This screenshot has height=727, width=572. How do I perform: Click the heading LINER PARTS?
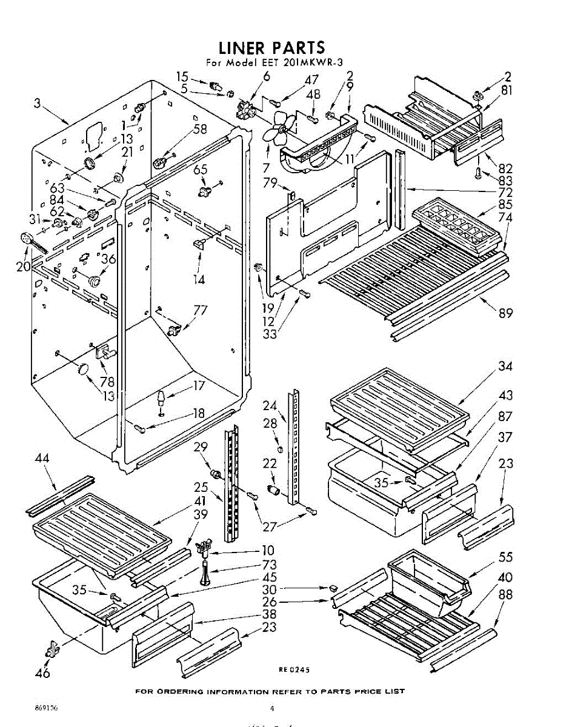pyautogui.click(x=271, y=47)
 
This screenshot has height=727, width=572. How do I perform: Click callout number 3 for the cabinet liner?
pyautogui.click(x=37, y=104)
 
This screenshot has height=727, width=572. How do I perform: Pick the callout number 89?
pyautogui.click(x=505, y=313)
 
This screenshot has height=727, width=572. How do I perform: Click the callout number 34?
pyautogui.click(x=505, y=366)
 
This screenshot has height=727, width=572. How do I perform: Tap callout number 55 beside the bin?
pyautogui.click(x=505, y=557)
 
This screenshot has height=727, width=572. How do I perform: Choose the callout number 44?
pyautogui.click(x=42, y=459)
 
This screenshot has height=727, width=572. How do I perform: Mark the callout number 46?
pyautogui.click(x=42, y=672)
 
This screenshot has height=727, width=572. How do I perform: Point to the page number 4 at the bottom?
pyautogui.click(x=272, y=708)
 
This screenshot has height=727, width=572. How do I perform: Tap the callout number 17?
pyautogui.click(x=199, y=385)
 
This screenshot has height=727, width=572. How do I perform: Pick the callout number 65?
pyautogui.click(x=201, y=170)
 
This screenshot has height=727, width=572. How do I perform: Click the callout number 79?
pyautogui.click(x=271, y=182)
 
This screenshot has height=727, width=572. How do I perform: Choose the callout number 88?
pyautogui.click(x=505, y=595)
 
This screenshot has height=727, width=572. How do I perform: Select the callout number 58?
pyautogui.click(x=201, y=128)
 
